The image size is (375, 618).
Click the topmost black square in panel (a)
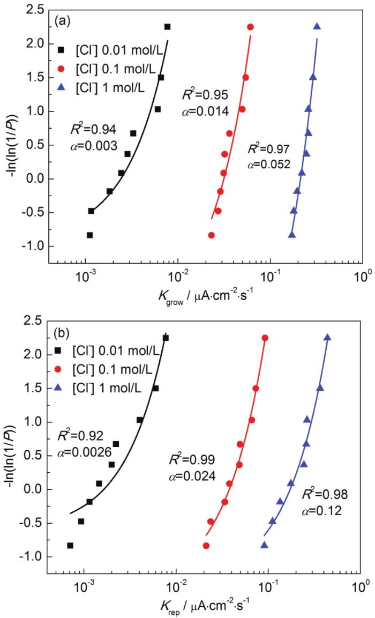pos(167,27)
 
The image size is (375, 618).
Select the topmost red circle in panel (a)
pos(250,27)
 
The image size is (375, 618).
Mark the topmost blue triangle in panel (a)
pos(317,26)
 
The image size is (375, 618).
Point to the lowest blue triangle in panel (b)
pos(264,545)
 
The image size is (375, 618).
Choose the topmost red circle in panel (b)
pos(265,338)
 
